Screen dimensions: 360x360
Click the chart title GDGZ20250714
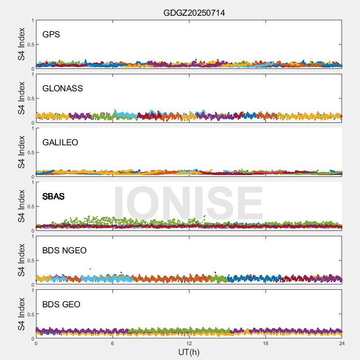[x=194, y=13]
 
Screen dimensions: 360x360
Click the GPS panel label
[x=51, y=34]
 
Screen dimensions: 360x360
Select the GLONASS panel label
[x=63, y=88]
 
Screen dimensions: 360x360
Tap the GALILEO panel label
[x=60, y=142]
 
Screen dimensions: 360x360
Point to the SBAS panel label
[x=54, y=196]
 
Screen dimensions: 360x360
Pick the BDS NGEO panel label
[x=64, y=250]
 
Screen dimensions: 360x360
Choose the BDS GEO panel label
[x=61, y=304]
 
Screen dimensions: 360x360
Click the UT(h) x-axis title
[x=189, y=352]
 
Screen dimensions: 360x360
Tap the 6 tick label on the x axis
[x=112, y=343]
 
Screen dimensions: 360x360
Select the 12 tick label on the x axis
[x=189, y=343]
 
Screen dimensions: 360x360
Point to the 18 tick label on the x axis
[x=265, y=343]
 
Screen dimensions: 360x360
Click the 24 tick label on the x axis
[x=342, y=343]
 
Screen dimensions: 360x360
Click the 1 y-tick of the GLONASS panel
[x=32, y=75]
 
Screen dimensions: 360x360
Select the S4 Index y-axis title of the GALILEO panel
[x=21, y=153]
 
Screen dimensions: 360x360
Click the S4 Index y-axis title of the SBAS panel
[x=21, y=207]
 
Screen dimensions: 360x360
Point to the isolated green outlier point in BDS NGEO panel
[x=90, y=269]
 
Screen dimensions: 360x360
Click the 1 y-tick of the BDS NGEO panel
[x=32, y=237]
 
